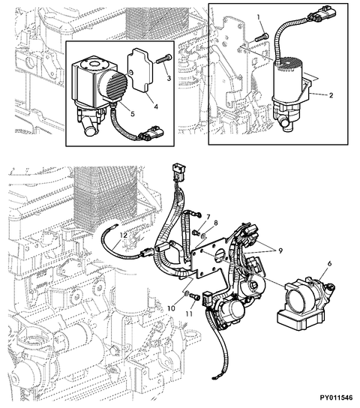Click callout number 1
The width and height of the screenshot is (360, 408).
click(x=259, y=16)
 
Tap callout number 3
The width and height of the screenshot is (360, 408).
click(x=169, y=76)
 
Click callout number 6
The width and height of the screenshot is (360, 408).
click(x=327, y=263)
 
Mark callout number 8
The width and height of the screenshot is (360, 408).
click(x=214, y=223)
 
